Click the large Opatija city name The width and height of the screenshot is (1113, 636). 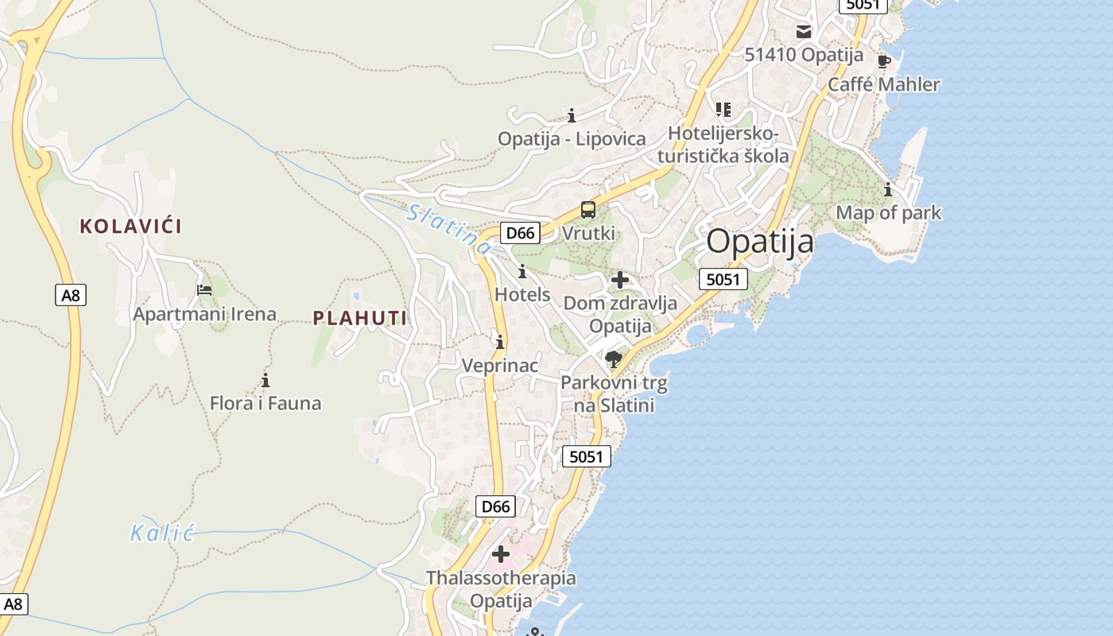760,241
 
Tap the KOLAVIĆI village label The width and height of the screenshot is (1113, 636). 130,227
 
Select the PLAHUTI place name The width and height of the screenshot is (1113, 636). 359,319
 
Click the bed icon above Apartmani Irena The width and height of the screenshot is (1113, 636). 204,290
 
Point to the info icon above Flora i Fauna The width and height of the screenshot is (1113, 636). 266,380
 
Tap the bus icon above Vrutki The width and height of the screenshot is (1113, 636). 588,210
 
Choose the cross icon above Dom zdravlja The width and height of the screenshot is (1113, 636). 620,280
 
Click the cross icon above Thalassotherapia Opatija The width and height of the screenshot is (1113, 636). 501,553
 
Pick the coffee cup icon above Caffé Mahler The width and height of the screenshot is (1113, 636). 883,61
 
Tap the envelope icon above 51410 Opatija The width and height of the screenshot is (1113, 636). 804,32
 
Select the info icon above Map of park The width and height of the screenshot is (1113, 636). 888,190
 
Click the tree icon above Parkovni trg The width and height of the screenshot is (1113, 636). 613,359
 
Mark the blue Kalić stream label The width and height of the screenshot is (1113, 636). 162,533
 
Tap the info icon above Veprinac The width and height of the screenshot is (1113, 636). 500,343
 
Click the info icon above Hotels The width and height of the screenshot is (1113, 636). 522,271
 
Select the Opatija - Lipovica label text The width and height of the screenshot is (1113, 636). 572,139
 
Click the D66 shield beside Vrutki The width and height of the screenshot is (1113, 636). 520,233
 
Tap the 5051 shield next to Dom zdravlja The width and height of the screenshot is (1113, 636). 723,279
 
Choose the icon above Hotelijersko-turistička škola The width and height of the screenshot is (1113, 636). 723,109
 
